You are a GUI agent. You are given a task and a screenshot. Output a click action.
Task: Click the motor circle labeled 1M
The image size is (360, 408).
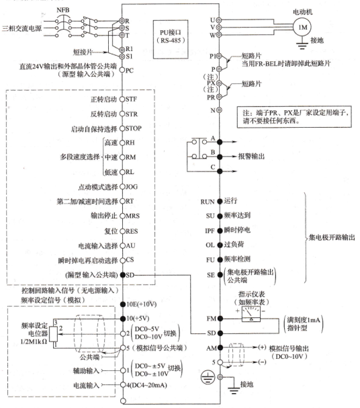tap(302, 27)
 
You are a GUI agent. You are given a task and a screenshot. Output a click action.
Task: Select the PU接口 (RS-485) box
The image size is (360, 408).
tap(171, 39)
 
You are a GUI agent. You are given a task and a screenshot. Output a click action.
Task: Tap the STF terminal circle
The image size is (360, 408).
tap(122, 99)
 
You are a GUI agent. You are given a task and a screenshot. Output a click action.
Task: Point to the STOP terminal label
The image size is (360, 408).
tap(134, 128)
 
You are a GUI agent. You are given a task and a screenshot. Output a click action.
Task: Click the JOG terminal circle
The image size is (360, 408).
tap(122, 187)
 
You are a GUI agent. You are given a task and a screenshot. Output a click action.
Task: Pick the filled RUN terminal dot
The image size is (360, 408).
tap(220, 201)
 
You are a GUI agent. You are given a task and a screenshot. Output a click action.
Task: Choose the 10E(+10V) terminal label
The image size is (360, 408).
tap(142, 304)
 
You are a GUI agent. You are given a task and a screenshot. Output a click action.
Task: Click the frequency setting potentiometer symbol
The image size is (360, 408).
tap(54, 333)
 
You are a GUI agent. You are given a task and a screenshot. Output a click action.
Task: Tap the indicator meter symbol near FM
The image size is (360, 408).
tap(251, 314)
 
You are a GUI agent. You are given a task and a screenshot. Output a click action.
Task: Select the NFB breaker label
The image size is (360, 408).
tap(63, 10)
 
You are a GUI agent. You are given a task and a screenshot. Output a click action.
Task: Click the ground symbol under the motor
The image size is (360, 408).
tap(302, 44)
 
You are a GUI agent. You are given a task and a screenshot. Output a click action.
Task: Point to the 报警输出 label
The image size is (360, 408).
tap(251, 156)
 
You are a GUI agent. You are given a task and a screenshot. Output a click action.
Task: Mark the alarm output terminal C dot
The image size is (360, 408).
tap(220, 171)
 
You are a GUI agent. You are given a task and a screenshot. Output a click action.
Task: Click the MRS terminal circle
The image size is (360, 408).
tap(122, 216)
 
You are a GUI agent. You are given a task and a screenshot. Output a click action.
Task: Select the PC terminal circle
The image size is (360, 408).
tap(122, 70)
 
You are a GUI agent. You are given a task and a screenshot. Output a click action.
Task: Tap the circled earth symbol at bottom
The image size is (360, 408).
tap(208, 377)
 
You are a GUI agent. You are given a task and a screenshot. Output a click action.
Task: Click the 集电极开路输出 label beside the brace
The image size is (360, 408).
tap(332, 237)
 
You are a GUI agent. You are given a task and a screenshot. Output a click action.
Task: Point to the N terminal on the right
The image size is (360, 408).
tap(220, 110)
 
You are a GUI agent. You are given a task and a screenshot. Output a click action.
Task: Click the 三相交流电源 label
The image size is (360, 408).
tap(22, 28)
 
